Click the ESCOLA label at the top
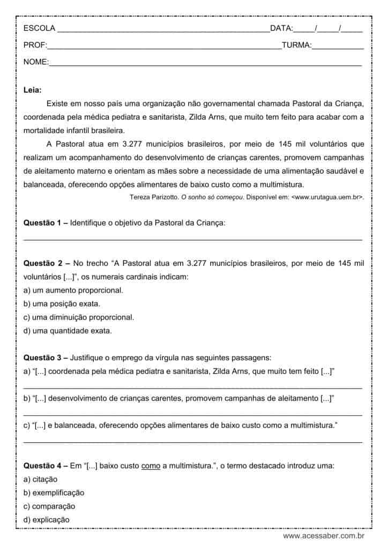39,28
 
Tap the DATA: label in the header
281,28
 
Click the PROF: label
35,45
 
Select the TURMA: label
296,45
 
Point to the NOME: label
36,62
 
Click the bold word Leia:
33,90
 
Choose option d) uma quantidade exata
68,331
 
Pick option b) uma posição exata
62,304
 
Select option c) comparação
49,506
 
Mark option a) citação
41,479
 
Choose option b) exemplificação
54,493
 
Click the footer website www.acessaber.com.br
324,536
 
